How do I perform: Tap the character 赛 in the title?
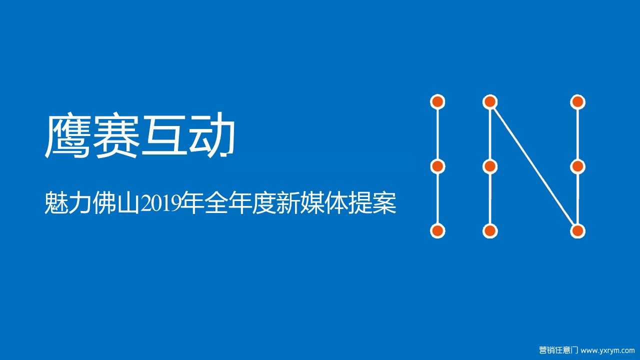[x=115, y=136]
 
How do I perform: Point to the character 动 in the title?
[x=212, y=136]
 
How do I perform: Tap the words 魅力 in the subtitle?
[x=68, y=203]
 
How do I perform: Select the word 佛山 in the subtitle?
[x=116, y=203]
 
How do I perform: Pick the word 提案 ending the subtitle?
[x=372, y=203]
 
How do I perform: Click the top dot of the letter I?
[x=437, y=101]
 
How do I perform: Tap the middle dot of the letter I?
[x=437, y=166]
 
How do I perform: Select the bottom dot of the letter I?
[x=437, y=231]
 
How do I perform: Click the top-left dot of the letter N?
[x=490, y=101]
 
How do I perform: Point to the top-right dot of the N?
[x=577, y=102]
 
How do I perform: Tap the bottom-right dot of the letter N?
[x=577, y=231]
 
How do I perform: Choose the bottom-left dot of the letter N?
[x=490, y=231]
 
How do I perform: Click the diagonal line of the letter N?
[x=534, y=166]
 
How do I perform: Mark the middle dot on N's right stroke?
[x=577, y=166]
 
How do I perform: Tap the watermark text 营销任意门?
[x=558, y=350]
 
